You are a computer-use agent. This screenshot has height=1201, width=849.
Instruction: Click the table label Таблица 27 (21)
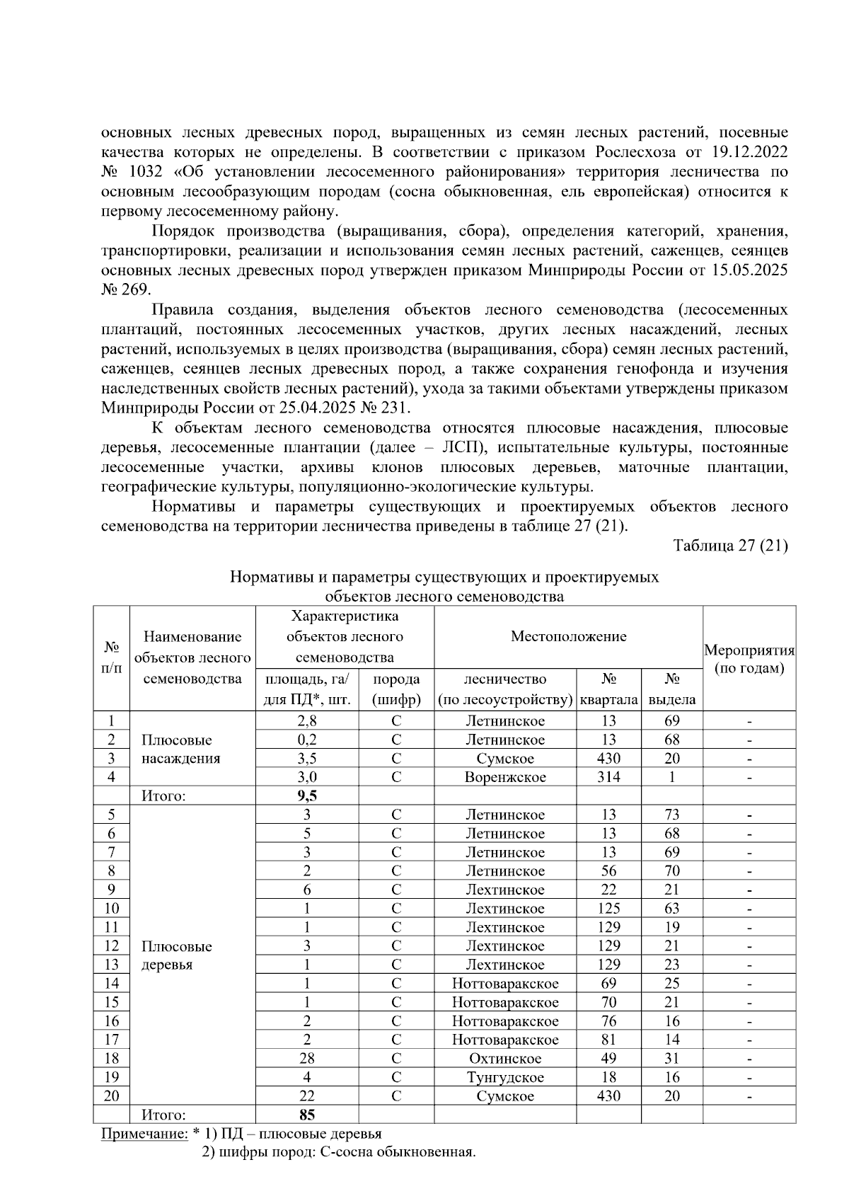730,546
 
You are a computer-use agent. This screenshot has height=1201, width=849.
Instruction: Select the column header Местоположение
568,636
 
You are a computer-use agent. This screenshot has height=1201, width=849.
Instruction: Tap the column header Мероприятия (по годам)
749,659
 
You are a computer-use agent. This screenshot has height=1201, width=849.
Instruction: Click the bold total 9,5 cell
306,795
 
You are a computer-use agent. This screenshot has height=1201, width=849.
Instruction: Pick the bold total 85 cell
306,1115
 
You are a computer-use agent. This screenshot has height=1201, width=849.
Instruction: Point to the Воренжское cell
505,777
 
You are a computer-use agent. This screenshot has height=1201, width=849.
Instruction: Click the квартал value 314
608,777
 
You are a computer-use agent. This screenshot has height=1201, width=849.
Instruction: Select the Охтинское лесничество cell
505,1059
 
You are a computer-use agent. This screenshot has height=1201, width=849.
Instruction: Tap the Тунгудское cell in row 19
505,1077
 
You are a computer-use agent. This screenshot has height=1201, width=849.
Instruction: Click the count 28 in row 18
306,1059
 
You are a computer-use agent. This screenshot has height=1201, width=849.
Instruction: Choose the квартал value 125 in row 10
608,909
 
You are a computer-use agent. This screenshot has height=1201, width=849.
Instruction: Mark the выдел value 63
671,909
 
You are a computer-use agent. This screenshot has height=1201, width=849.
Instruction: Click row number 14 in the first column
112,984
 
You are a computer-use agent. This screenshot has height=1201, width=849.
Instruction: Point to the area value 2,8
306,721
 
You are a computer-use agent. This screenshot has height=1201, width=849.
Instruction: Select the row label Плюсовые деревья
176,955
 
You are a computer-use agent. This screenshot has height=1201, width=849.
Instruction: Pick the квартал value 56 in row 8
608,871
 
